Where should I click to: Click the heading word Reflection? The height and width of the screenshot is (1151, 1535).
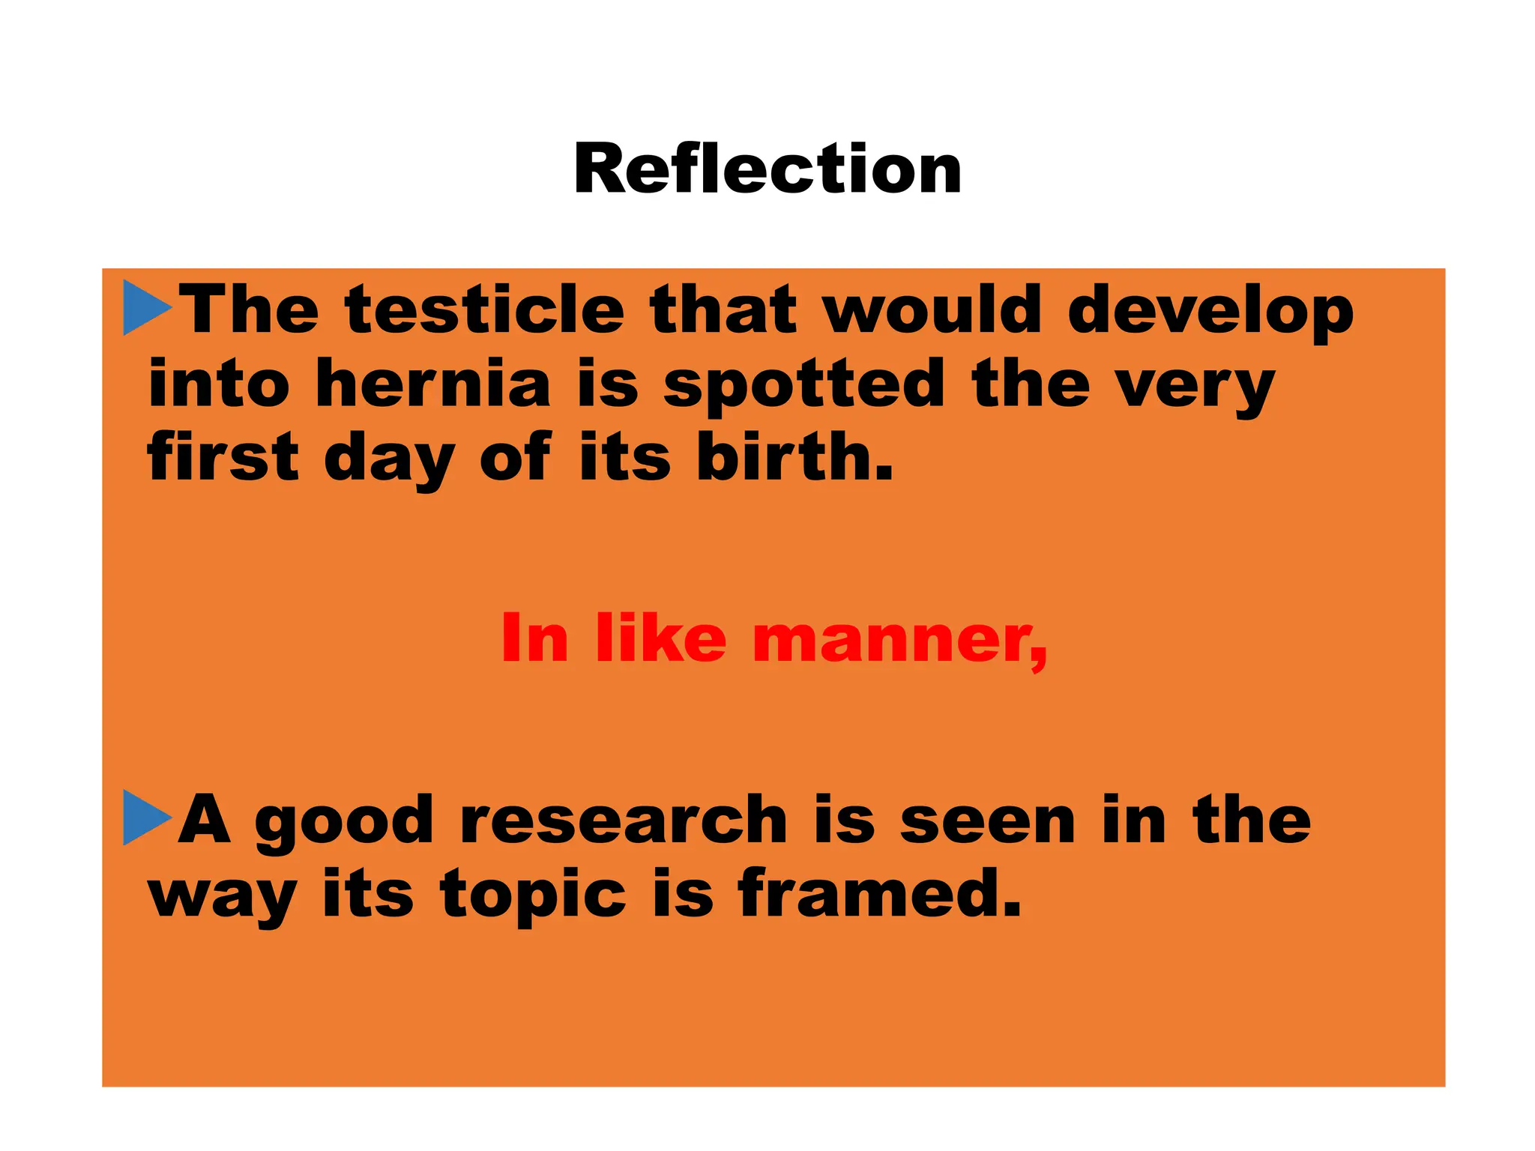[767, 169]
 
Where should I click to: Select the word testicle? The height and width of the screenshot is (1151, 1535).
[485, 309]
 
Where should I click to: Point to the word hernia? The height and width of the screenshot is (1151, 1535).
[433, 384]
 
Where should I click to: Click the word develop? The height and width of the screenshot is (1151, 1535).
[1210, 311]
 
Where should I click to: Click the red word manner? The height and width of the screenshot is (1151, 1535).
[899, 639]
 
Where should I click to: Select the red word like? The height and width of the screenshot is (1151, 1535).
[661, 638]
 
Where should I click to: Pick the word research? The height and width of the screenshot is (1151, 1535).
[624, 820]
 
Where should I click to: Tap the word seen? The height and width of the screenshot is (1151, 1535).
[988, 821]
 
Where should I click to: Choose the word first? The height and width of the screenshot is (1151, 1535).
[223, 456]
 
